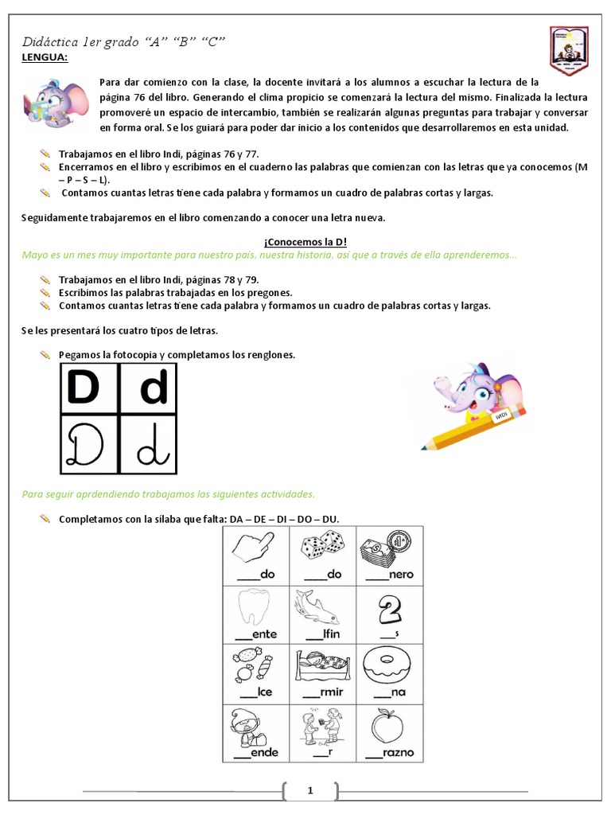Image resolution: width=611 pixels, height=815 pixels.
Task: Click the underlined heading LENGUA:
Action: pos(44,57)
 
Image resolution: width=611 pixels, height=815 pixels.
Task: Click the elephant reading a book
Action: pos(51,104)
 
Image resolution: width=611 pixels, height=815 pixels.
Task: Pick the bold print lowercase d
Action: pos(154,388)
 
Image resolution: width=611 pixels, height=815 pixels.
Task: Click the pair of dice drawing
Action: pos(322,547)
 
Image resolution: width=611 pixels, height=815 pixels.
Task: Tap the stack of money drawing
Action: pos(387,549)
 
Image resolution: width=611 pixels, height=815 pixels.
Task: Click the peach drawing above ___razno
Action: pos(388,727)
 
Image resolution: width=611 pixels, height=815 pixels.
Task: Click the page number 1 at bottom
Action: pos(310,790)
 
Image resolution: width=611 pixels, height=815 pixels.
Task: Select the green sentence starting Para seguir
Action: pos(169,493)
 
